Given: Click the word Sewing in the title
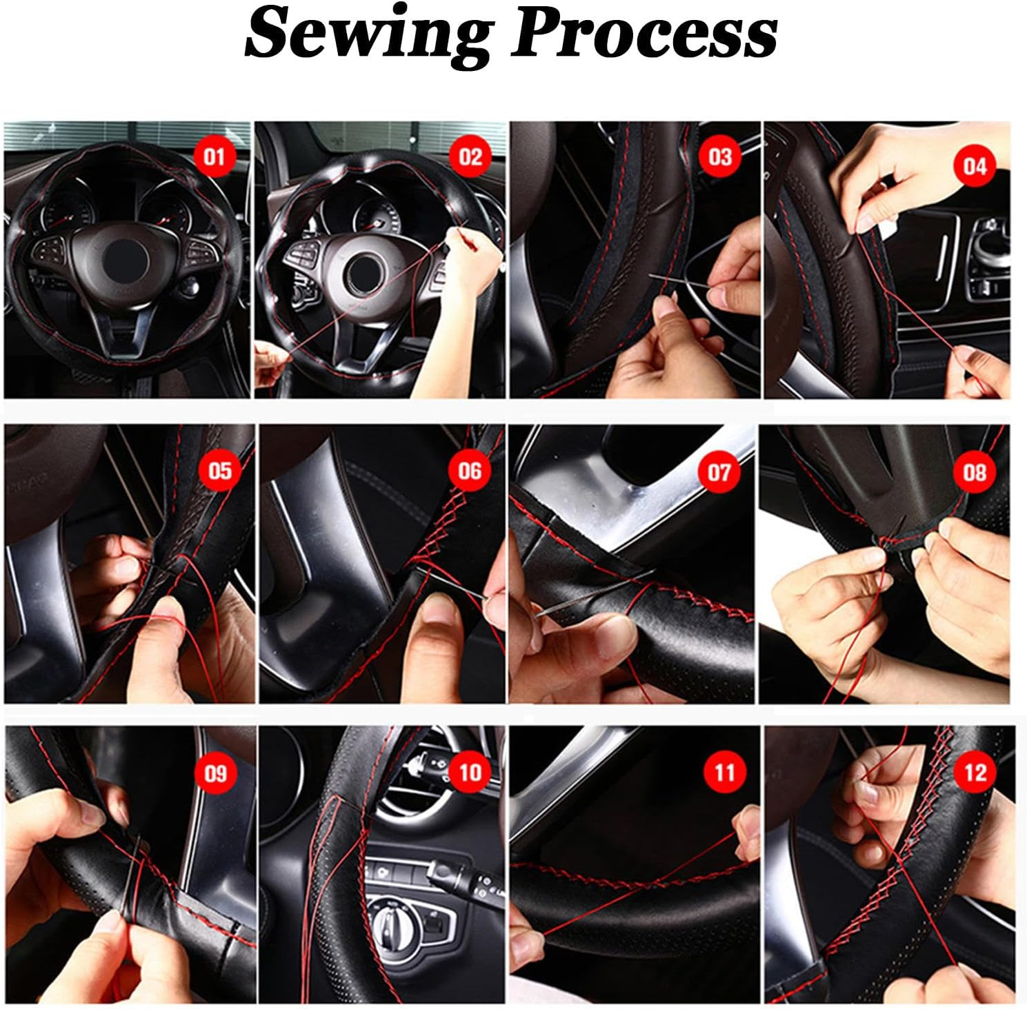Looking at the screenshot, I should point(370,34).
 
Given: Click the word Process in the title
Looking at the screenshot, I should point(644,34).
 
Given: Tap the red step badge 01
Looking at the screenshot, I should point(215,157).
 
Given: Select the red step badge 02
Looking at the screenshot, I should point(470,157).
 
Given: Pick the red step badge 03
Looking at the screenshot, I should point(720,157).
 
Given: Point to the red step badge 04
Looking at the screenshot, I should point(975,166).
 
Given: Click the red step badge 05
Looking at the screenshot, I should point(219,471).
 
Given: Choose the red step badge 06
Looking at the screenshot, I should point(470,471).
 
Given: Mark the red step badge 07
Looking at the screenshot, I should point(719,472).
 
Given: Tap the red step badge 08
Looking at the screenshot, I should point(975,472).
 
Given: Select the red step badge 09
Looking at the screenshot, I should point(215,773).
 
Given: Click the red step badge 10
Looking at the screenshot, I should point(470,771).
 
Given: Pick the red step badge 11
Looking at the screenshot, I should point(724,773).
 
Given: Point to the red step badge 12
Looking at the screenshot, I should point(975,772).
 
